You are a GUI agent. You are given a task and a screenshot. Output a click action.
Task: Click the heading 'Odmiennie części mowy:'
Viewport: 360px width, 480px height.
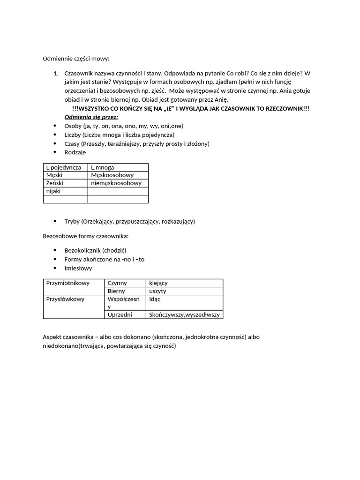(76, 59)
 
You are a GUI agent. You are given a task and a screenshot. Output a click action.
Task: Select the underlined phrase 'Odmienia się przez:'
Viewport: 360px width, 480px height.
(91, 117)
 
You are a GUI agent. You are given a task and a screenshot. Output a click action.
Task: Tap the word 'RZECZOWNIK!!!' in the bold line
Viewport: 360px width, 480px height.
(286, 109)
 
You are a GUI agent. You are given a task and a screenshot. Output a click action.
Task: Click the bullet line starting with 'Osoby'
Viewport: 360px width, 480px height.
(124, 126)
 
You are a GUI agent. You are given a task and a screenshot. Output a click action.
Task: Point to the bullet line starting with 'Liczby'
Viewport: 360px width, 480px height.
(119, 135)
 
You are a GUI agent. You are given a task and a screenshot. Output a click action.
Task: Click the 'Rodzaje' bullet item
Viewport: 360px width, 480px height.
(75, 152)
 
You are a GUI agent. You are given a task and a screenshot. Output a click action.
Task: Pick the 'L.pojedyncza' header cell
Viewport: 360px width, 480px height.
(64, 167)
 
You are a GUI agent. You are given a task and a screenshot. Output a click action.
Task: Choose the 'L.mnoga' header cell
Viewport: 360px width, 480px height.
(103, 167)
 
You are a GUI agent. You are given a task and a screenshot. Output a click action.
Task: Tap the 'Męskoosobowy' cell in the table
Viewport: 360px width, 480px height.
(112, 175)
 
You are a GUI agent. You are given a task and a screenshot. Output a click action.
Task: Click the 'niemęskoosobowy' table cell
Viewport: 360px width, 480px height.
(116, 183)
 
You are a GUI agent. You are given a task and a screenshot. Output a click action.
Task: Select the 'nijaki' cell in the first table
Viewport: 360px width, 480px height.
(53, 191)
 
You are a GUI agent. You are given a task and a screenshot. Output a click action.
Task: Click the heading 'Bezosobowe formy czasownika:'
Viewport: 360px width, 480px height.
(85, 236)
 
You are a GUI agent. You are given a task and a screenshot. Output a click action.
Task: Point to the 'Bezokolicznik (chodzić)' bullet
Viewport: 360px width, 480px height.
(95, 250)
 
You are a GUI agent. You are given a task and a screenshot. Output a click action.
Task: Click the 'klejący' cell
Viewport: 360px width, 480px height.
(158, 283)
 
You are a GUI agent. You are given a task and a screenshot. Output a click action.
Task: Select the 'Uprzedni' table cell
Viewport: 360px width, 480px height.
(120, 315)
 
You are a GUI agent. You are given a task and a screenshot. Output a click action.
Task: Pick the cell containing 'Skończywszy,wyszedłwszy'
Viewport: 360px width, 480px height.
(184, 315)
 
